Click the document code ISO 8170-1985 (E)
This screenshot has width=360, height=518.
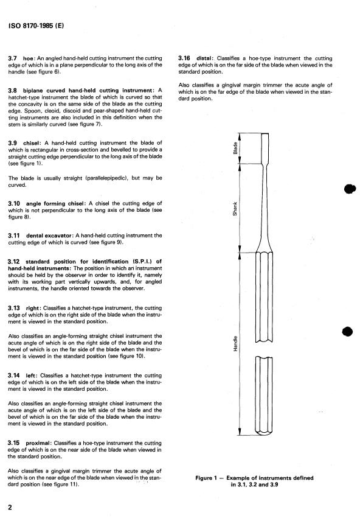coord(36,26)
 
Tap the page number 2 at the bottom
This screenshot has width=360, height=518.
coord(10,507)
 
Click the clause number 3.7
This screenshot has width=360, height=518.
coord(13,58)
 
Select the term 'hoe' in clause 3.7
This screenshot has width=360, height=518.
coord(29,58)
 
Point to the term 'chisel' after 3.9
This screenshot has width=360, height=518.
coord(32,143)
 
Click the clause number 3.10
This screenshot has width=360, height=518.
coord(14,203)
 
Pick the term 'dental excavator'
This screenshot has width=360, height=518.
coord(49,236)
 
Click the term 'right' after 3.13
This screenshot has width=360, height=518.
coord(32,308)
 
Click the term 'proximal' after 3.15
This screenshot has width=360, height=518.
coord(38,443)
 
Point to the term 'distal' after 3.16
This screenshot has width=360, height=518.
coord(204,58)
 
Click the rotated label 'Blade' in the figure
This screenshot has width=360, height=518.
coord(235,148)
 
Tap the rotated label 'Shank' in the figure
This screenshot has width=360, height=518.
coord(235,209)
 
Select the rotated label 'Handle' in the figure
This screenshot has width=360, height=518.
coord(235,343)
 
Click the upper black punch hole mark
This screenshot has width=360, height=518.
coord(350,189)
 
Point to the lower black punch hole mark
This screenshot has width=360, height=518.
coord(347,331)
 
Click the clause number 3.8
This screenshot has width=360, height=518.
coord(13,91)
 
